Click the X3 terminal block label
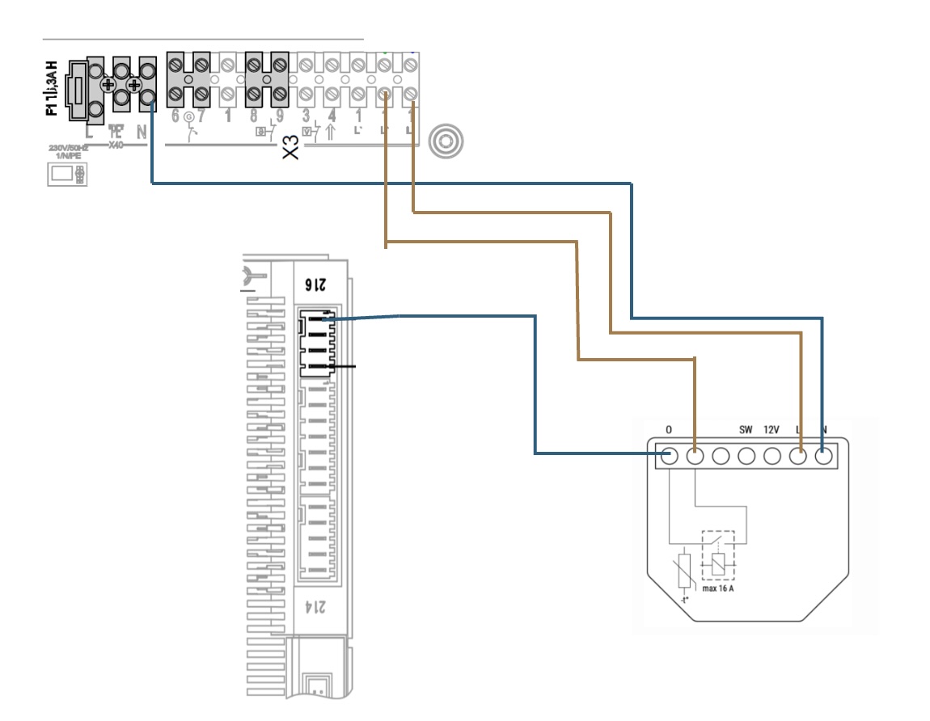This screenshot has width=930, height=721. pos(291,147)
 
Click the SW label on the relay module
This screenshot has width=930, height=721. pos(746,429)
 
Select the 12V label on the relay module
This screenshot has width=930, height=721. pos(772,429)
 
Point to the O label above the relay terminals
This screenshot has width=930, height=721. pos(669,429)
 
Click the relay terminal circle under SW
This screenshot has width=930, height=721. pos(746,456)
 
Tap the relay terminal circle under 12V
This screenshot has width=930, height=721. pos(772,456)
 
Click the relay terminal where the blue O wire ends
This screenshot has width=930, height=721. pos(669,456)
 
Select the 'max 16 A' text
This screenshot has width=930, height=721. pos(718,588)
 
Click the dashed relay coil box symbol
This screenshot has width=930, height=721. pos(718,555)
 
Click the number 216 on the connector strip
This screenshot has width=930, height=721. pos(314,284)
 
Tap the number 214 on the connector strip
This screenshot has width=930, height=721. pos(314,605)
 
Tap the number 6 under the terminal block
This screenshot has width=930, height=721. pos(175,116)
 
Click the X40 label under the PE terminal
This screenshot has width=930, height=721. pos(116,145)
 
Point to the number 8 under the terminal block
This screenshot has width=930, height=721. pos(253,116)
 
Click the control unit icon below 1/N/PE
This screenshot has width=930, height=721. pos(67,174)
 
